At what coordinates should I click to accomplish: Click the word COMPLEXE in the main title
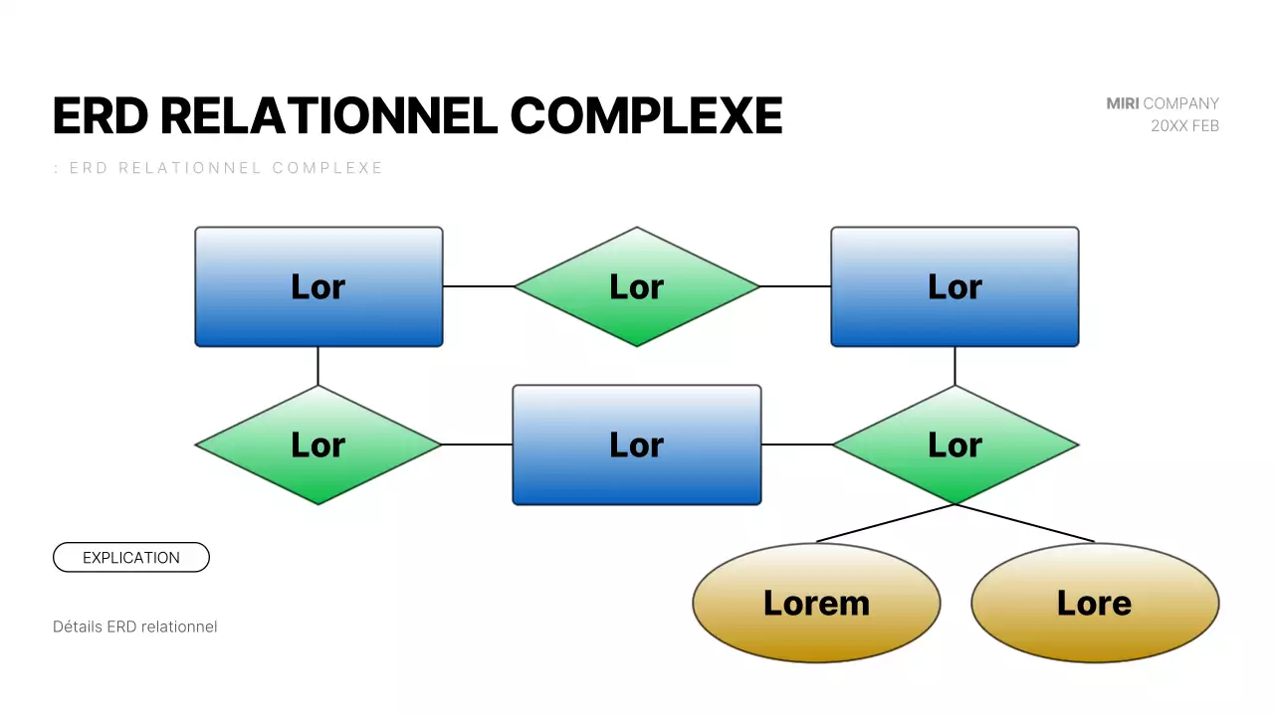pyautogui.click(x=646, y=116)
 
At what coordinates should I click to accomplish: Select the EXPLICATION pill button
pyautogui.click(x=131, y=558)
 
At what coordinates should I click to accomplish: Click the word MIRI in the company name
pyautogui.click(x=1123, y=103)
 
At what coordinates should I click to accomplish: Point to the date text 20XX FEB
pyautogui.click(x=1184, y=126)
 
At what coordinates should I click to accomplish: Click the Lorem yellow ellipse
pyautogui.click(x=816, y=603)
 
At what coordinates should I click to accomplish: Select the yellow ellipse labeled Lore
pyautogui.click(x=1094, y=603)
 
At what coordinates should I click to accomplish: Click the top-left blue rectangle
pyautogui.click(x=318, y=286)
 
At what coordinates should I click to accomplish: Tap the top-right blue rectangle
pyautogui.click(x=955, y=286)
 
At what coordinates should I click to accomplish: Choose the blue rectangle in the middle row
pyautogui.click(x=637, y=445)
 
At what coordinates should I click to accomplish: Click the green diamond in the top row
pyautogui.click(x=637, y=286)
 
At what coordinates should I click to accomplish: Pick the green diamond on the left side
pyautogui.click(x=318, y=445)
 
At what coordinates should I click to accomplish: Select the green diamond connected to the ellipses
pyautogui.click(x=955, y=445)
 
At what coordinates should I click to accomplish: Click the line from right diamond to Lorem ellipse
pyautogui.click(x=886, y=523)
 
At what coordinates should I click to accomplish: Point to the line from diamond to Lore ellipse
pyautogui.click(x=1025, y=523)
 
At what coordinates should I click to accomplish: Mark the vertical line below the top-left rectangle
pyautogui.click(x=318, y=366)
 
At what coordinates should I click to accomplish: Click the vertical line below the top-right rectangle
pyautogui.click(x=955, y=366)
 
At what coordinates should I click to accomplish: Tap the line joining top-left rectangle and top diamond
pyautogui.click(x=478, y=286)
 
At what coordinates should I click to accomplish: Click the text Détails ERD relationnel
pyautogui.click(x=134, y=626)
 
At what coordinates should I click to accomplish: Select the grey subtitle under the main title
pyautogui.click(x=218, y=168)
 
